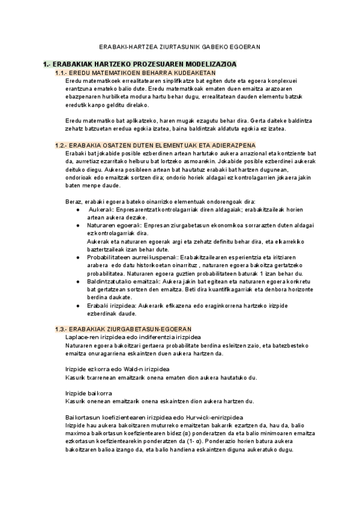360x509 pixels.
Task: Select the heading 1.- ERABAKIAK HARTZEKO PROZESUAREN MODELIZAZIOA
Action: [x=140, y=64]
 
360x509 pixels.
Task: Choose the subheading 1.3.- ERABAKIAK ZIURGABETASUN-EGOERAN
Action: [x=123, y=329]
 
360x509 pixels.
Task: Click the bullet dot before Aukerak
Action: [x=79, y=209]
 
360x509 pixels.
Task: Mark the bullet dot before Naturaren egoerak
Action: [x=79, y=224]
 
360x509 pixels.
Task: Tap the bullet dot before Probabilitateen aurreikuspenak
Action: [x=79, y=256]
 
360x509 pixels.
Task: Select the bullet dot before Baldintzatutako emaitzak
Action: [x=79, y=280]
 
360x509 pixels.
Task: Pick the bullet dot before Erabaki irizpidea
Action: [x=79, y=305]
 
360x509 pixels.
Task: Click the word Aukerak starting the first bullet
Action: [x=101, y=209]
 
